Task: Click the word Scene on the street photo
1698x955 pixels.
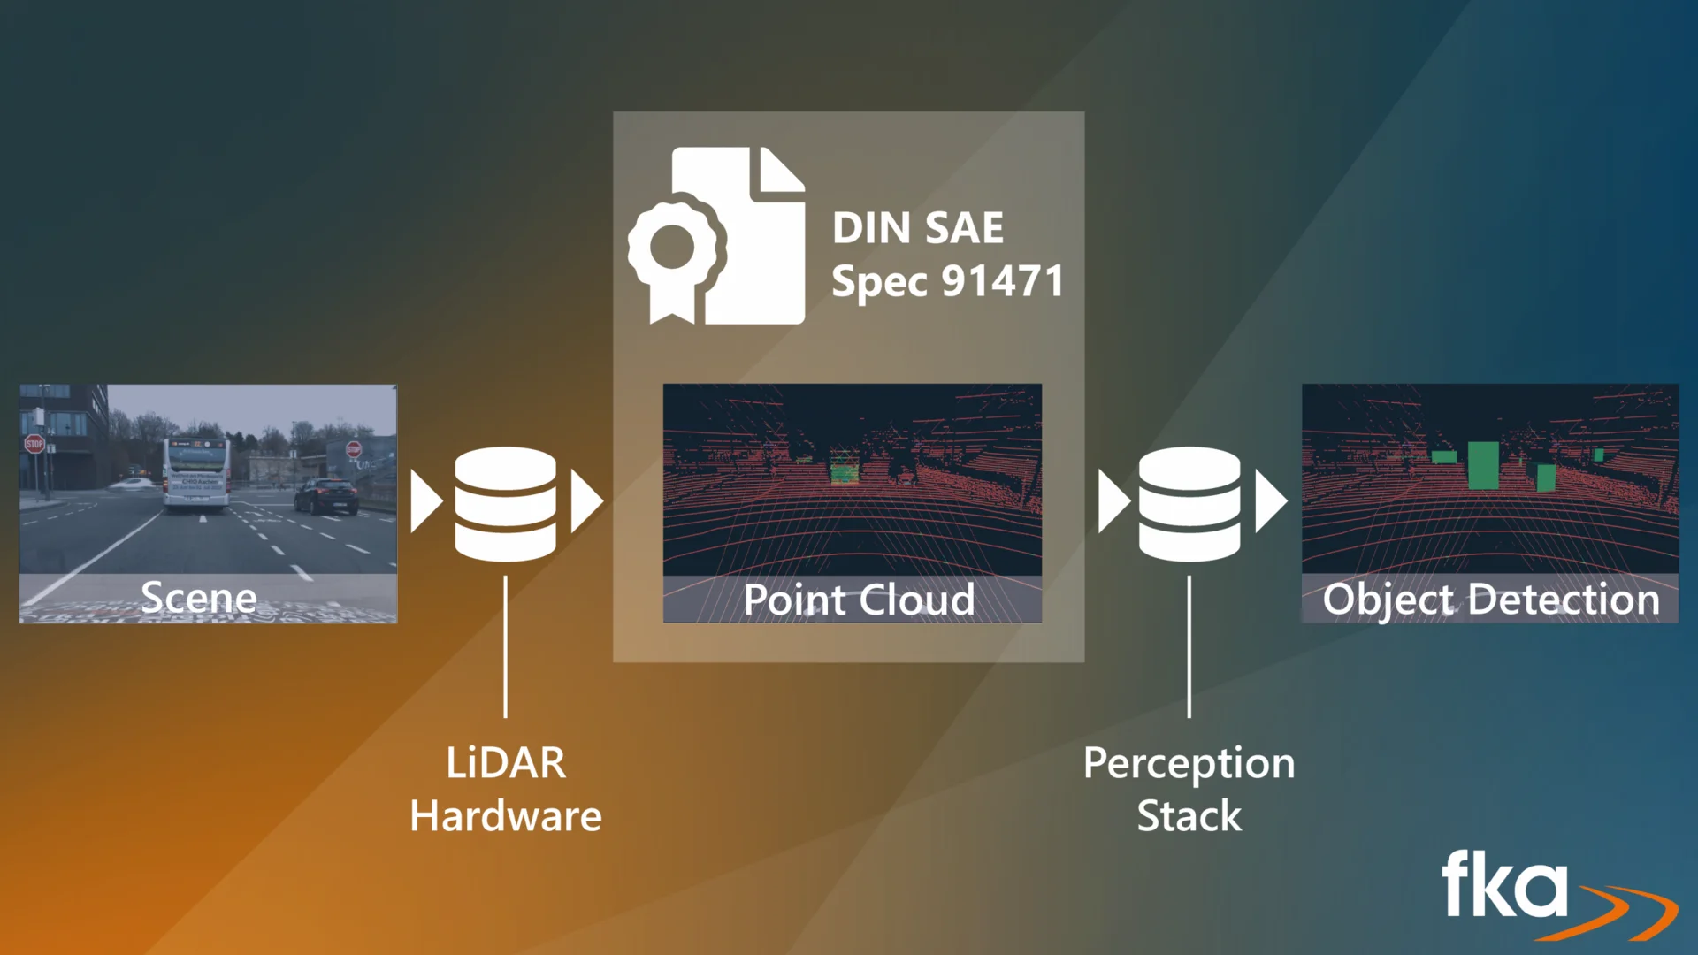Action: [199, 598]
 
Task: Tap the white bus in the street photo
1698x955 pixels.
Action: [195, 473]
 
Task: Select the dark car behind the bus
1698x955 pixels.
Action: [326, 496]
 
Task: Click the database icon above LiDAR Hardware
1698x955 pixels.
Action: [505, 503]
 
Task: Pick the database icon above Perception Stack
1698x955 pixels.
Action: [1189, 503]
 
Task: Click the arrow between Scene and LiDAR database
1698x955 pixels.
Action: [425, 501]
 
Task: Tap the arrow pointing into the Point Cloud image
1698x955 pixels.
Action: [586, 501]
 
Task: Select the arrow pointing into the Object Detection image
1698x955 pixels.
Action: [1270, 501]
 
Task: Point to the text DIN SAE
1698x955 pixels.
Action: [917, 228]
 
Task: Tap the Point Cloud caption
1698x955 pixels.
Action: [859, 600]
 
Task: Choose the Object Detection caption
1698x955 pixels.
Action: [1491, 599]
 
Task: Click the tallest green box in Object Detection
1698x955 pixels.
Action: [1483, 465]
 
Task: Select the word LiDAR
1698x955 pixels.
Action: [506, 763]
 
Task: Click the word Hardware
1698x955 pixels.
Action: [506, 815]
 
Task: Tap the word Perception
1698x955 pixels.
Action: [1189, 763]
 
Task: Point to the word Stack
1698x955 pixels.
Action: [1189, 815]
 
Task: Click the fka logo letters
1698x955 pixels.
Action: [1503, 884]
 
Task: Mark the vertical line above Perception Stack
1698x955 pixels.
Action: [1189, 646]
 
